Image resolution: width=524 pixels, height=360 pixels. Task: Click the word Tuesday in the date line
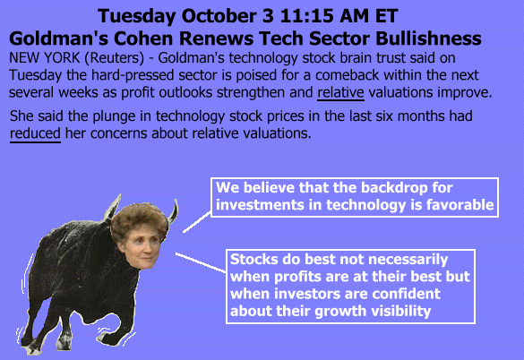pos(137,16)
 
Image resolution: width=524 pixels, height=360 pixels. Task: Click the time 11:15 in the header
pos(307,16)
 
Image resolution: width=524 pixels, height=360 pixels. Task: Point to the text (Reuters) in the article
pos(115,58)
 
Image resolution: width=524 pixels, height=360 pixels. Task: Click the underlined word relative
pos(340,92)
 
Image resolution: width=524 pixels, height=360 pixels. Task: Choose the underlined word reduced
pos(35,133)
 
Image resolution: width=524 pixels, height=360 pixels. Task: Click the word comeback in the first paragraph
pos(347,75)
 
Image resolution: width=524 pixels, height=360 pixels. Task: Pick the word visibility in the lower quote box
pos(400,312)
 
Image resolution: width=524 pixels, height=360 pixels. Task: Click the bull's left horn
pos(112,207)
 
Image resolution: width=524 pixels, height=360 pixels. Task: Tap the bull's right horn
pos(173,211)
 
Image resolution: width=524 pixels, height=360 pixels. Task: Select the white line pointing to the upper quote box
pos(197,221)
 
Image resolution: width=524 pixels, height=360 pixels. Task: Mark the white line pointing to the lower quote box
pos(202,262)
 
